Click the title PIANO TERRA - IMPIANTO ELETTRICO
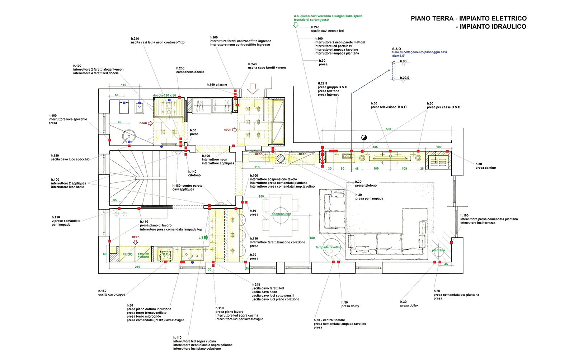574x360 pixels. (469, 19)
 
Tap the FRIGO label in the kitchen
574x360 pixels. (127, 254)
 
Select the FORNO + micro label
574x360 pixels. (143, 255)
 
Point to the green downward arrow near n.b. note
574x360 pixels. (296, 25)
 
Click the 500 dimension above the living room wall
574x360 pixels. (388, 129)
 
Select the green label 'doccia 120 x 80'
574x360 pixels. (164, 95)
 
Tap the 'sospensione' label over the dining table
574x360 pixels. (281, 214)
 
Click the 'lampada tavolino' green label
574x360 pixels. (329, 247)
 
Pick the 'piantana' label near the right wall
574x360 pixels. (438, 250)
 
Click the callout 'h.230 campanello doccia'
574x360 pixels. (190, 70)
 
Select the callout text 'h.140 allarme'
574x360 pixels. (217, 85)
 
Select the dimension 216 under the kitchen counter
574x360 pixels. (137, 267)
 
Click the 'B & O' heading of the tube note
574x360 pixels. (396, 49)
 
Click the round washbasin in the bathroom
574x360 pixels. (127, 136)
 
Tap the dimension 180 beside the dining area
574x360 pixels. (312, 238)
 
